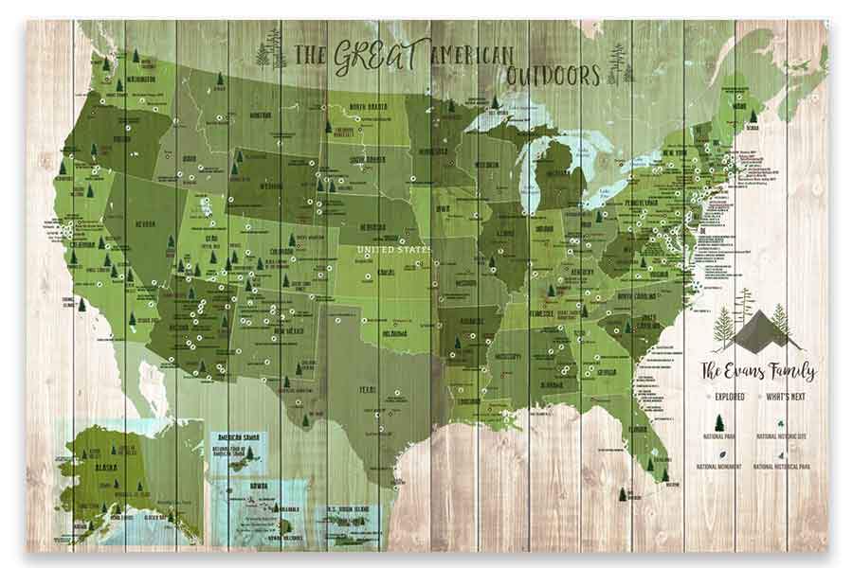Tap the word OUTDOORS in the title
552,74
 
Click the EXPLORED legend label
723,397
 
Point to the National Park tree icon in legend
718,422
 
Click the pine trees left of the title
274,49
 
